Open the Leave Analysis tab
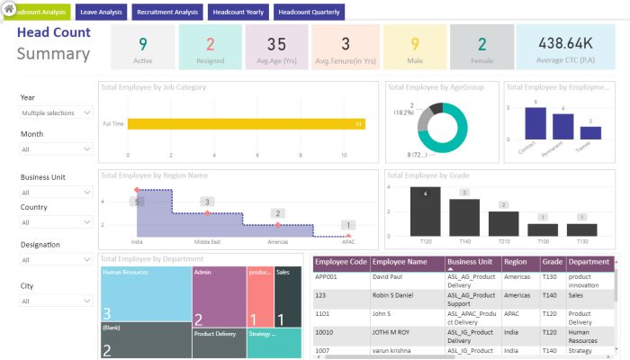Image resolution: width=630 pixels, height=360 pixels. point(101,13)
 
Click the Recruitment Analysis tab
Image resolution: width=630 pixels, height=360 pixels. point(167,13)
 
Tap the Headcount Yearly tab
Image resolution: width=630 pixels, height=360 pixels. point(238,13)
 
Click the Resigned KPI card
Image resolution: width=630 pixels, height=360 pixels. point(210,48)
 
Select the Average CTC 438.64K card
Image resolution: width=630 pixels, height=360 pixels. point(564,48)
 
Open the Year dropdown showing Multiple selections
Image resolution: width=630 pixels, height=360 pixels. point(56,112)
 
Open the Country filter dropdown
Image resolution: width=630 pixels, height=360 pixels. point(56,222)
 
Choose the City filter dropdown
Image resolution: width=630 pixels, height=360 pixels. point(56,301)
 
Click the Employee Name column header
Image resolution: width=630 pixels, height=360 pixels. point(406,262)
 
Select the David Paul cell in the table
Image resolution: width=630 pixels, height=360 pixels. point(406,277)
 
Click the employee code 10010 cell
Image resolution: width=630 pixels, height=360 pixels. point(340,331)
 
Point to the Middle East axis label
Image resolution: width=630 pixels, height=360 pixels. point(208,242)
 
